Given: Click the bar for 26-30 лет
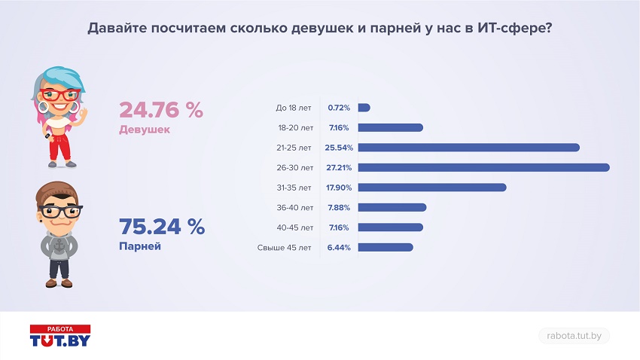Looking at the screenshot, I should pyautogui.click(x=483, y=167).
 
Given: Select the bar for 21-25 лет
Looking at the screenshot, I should pyautogui.click(x=468, y=148).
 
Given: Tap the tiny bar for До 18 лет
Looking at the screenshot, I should pyautogui.click(x=364, y=108).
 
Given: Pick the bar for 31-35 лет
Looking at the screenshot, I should pyautogui.click(x=432, y=188).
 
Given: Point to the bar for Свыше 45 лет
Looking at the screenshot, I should pyautogui.click(x=386, y=247).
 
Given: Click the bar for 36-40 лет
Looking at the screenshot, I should pyautogui.click(x=392, y=207).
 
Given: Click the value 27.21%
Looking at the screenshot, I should pyautogui.click(x=339, y=167).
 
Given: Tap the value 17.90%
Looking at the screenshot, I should pyautogui.click(x=339, y=188).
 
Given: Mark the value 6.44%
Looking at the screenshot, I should pyautogui.click(x=339, y=247).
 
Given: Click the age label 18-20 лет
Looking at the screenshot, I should pyautogui.click(x=294, y=127).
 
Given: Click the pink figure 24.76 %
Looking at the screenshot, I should pyautogui.click(x=161, y=110).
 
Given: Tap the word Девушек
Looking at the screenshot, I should pyautogui.click(x=145, y=130).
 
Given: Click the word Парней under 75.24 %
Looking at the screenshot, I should pyautogui.click(x=140, y=246).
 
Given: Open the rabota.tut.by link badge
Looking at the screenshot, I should pyautogui.click(x=574, y=336).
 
